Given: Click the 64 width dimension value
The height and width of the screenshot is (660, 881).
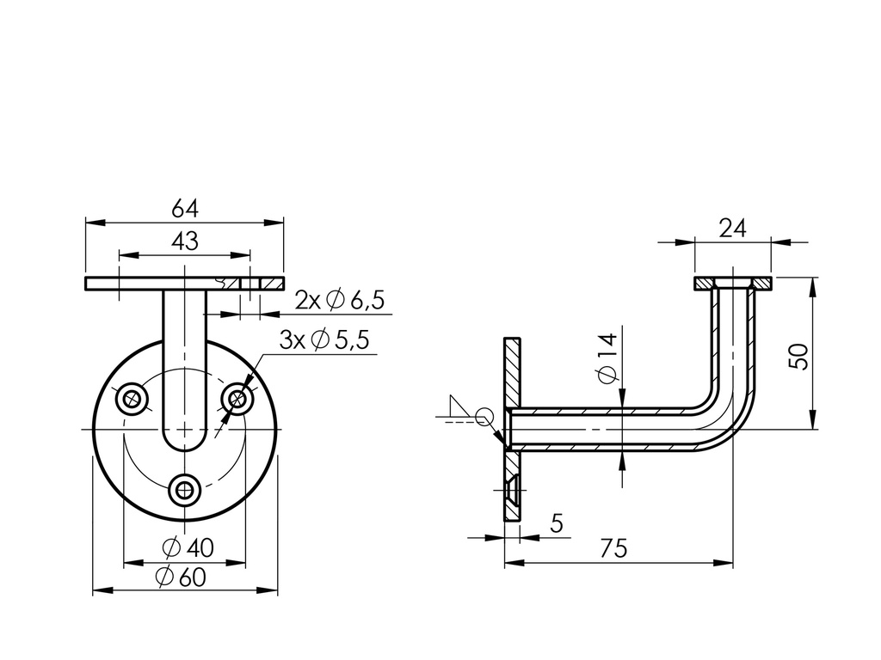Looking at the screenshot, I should (185, 209).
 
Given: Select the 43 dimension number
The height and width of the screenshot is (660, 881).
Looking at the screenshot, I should (185, 241).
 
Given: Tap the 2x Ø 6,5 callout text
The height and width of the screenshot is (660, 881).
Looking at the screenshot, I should (339, 300).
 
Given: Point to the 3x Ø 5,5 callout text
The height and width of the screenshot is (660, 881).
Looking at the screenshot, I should (324, 340).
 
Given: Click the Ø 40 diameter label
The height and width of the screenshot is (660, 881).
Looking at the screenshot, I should (187, 547).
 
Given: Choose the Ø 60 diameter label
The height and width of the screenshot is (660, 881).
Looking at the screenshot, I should (181, 577).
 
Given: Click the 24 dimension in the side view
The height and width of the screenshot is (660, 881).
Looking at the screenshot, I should (732, 228).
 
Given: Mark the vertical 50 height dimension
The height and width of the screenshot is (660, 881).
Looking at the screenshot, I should (800, 356).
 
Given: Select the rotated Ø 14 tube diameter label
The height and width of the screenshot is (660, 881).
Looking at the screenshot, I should (607, 359).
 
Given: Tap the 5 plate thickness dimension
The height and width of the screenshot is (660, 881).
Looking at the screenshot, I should (556, 523).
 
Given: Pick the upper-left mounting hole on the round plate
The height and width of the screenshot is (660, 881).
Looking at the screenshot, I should (132, 398).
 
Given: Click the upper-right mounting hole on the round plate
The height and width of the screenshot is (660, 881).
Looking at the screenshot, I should (237, 398).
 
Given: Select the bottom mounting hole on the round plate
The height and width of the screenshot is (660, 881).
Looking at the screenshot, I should (184, 490).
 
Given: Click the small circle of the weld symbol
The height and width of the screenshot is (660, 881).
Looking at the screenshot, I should (484, 418).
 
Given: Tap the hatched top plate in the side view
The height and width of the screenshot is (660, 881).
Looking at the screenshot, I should (734, 283).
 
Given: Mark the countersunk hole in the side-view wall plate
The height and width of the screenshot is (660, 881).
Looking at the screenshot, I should (513, 486).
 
